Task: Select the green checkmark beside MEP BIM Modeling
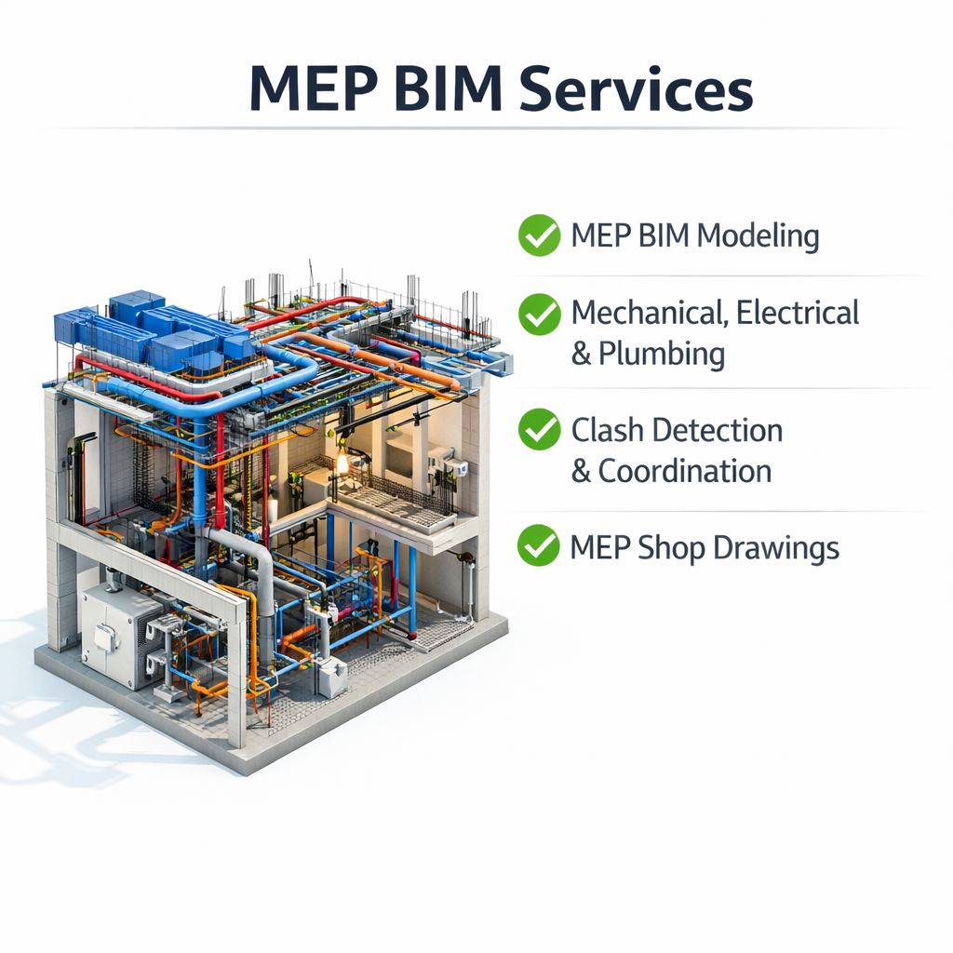pyautogui.click(x=539, y=235)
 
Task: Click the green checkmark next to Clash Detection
pyautogui.click(x=539, y=430)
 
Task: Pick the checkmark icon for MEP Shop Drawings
pyautogui.click(x=539, y=545)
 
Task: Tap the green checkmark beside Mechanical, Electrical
pyautogui.click(x=539, y=314)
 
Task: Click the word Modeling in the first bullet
pyautogui.click(x=758, y=236)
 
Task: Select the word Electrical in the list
pyautogui.click(x=798, y=313)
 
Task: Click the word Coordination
pyautogui.click(x=685, y=471)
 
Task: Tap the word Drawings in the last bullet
pyautogui.click(x=776, y=548)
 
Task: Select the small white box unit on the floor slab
pyautogui.click(x=331, y=677)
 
